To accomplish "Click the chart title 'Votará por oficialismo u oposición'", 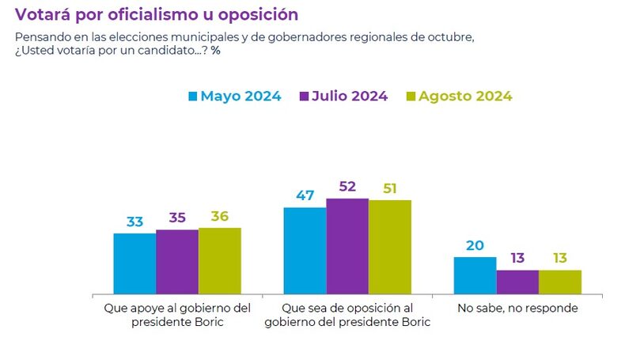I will click(x=157, y=14).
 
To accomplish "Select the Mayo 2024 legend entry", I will click(x=234, y=97).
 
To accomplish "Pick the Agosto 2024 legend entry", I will click(x=458, y=97).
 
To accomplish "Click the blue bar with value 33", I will click(x=134, y=263).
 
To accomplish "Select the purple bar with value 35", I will click(x=177, y=261).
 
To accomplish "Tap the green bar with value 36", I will click(x=219, y=260).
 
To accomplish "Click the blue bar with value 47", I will click(x=305, y=250).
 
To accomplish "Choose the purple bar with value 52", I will click(x=347, y=245).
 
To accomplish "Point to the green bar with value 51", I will click(x=389, y=247).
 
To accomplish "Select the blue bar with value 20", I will click(x=475, y=275).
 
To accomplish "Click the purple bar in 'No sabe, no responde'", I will click(x=517, y=282).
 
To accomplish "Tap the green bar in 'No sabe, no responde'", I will click(x=560, y=282).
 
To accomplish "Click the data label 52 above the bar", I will click(x=347, y=187).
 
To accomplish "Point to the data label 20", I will click(x=475, y=245).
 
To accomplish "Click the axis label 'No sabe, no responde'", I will click(x=517, y=308).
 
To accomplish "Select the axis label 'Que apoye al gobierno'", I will click(x=177, y=308).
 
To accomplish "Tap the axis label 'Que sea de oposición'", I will click(x=347, y=308).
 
